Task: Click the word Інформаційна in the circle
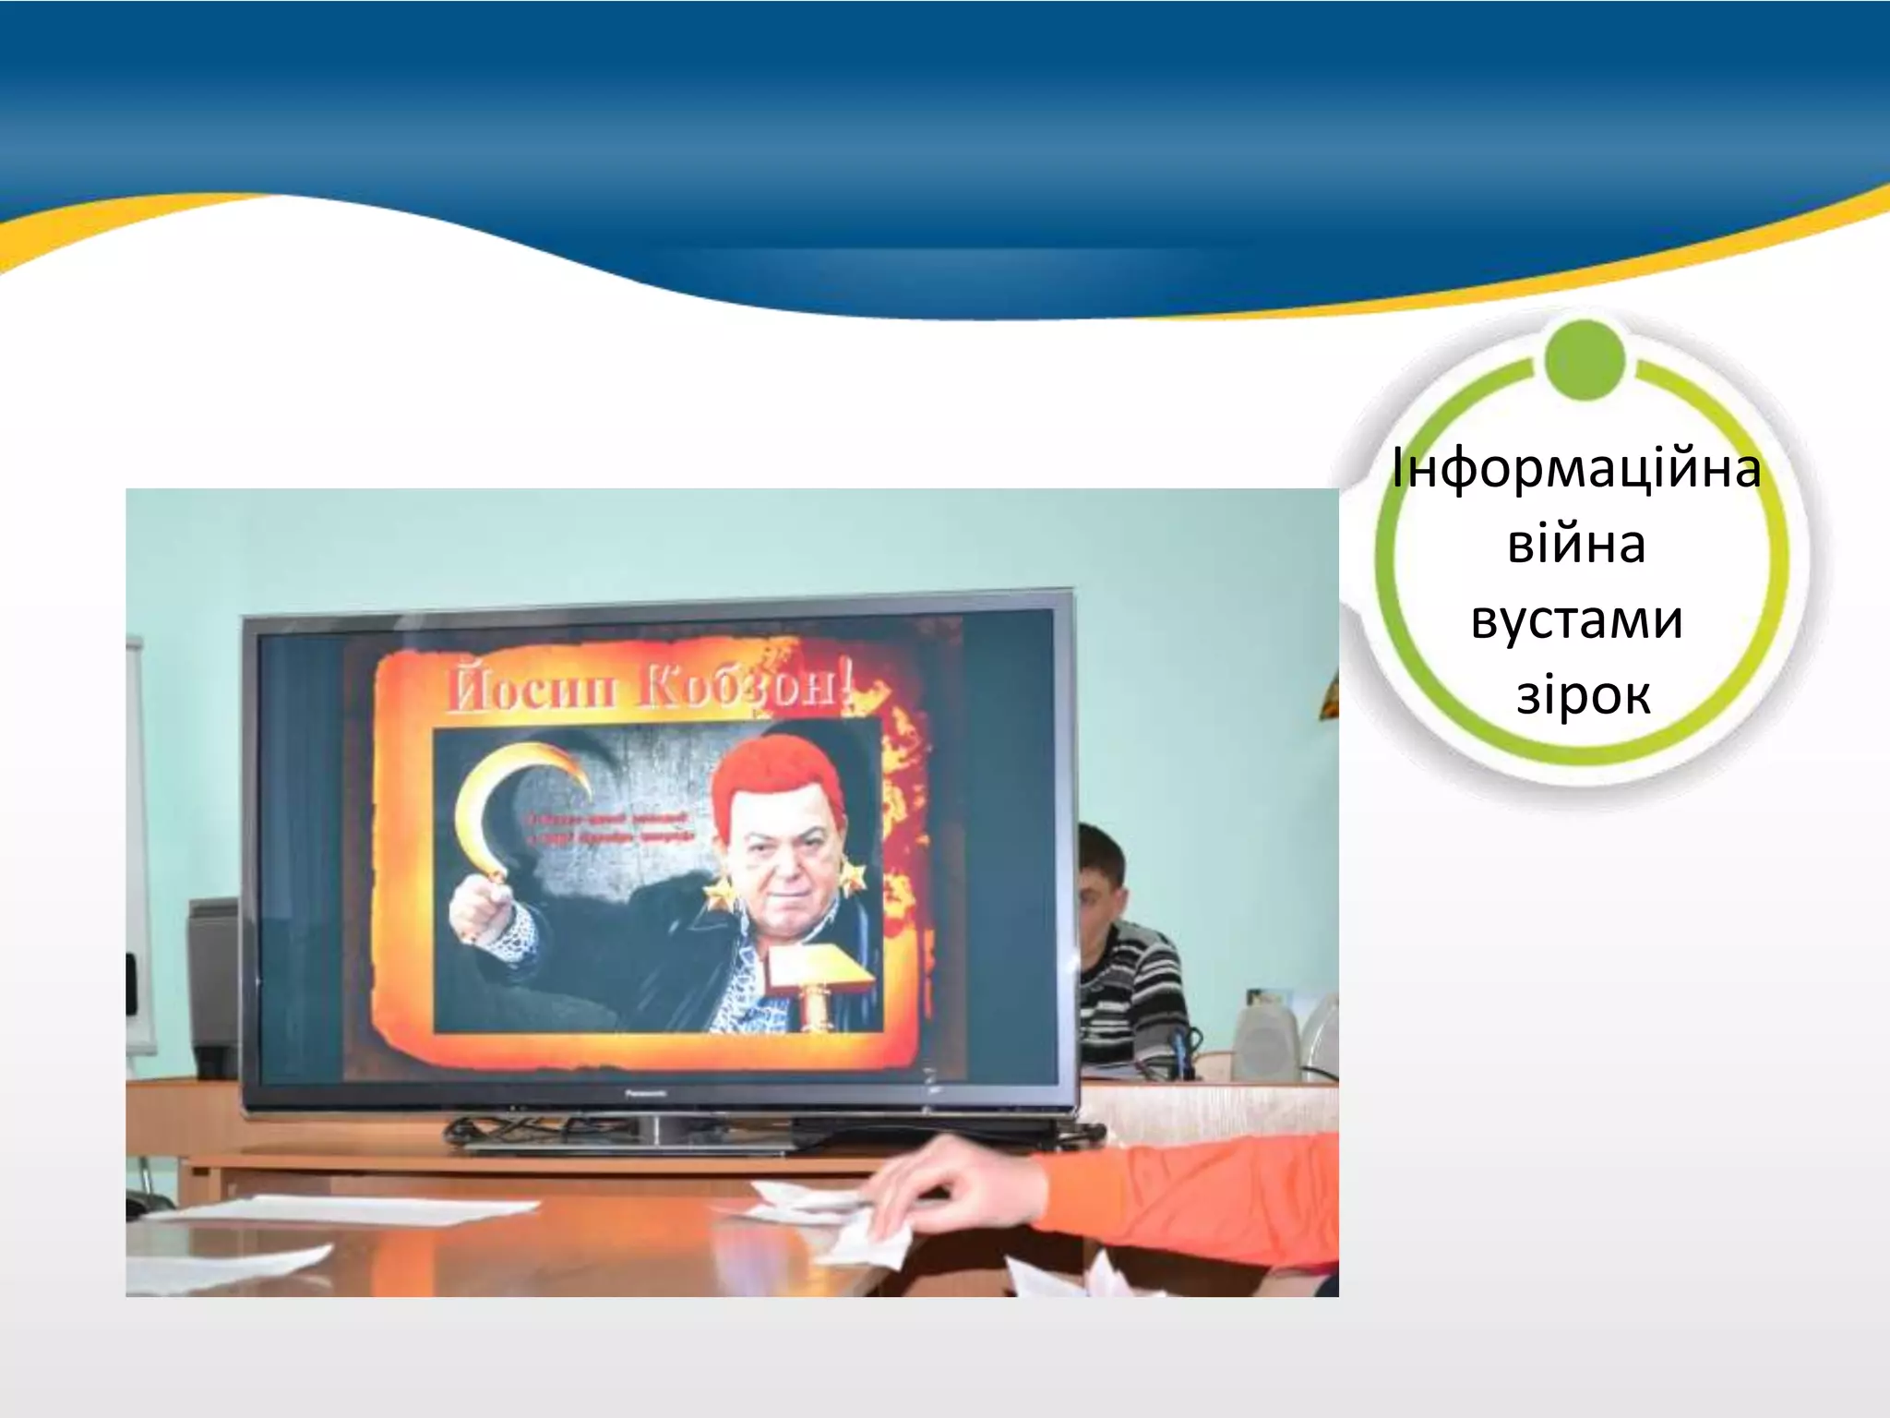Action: click(x=1576, y=469)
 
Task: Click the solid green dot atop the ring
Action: click(x=1584, y=360)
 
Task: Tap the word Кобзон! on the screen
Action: click(x=746, y=689)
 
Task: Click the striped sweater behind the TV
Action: click(x=1130, y=988)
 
